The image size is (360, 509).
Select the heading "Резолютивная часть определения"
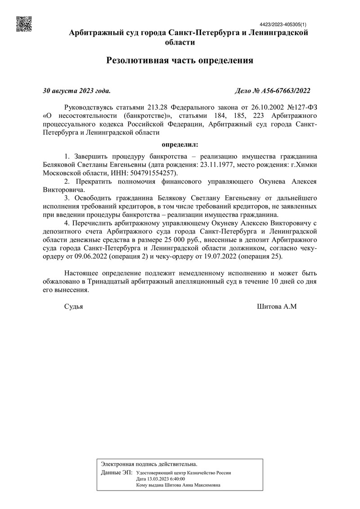pyautogui.click(x=180, y=60)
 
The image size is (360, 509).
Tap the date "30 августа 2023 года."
pyautogui.click(x=76, y=91)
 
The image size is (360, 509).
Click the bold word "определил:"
pyautogui.click(x=180, y=145)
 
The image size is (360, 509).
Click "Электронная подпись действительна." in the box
pyautogui.click(x=149, y=464)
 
